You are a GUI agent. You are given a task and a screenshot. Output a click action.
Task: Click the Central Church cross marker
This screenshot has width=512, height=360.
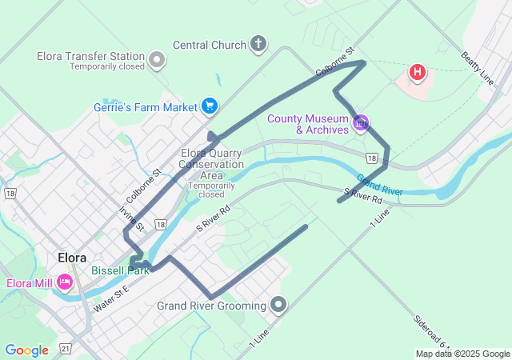tap(258, 44)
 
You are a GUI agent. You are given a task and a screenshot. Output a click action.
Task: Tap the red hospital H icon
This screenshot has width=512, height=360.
tap(417, 73)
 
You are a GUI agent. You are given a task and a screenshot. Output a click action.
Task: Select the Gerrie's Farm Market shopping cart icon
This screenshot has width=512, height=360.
tap(210, 106)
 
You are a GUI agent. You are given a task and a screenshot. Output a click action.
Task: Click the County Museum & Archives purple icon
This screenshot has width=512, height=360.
tap(361, 122)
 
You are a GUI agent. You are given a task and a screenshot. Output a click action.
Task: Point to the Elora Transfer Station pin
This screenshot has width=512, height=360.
tap(158, 58)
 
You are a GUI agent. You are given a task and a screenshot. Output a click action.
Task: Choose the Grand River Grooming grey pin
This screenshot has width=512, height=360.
tap(278, 305)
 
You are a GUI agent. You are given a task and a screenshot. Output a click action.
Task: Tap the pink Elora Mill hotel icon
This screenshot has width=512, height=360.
tap(65, 282)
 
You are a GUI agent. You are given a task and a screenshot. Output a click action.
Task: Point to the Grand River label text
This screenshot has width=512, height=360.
tap(379, 185)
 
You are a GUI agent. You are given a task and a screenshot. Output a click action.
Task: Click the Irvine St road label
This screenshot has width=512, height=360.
tap(130, 218)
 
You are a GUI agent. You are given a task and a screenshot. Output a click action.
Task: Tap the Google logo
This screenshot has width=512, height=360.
tap(26, 350)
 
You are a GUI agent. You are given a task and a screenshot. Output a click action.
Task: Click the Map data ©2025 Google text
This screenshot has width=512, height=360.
tap(462, 354)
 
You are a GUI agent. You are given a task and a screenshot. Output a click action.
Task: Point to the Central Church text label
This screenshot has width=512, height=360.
tap(210, 45)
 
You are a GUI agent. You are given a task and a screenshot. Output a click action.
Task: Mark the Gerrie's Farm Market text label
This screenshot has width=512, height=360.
tap(145, 106)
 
